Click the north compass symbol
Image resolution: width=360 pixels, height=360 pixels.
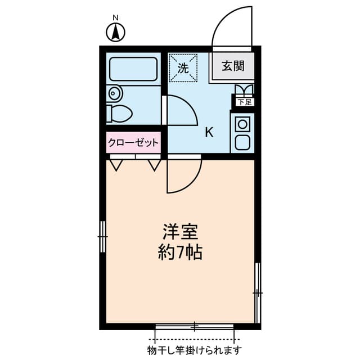tap(116, 31)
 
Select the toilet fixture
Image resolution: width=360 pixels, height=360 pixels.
tap(120, 114)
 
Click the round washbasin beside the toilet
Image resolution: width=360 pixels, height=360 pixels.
tap(114, 92)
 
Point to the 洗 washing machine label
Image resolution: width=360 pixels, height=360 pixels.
tap(183, 68)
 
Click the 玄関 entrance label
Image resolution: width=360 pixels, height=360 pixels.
tap(232, 66)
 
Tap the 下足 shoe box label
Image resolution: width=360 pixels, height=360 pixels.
tap(244, 102)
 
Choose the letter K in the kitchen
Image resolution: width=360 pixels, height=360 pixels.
tap(209, 133)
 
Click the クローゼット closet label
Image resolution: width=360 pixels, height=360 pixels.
tap(134, 143)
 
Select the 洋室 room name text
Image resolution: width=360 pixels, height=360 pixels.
tap(179, 231)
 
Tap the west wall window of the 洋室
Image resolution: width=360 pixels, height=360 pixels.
tap(102, 237)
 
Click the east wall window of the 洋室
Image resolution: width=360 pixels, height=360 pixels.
tap(258, 292)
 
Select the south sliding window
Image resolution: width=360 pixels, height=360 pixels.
tap(194, 326)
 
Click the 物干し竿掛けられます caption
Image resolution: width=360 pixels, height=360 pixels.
tap(194, 350)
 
